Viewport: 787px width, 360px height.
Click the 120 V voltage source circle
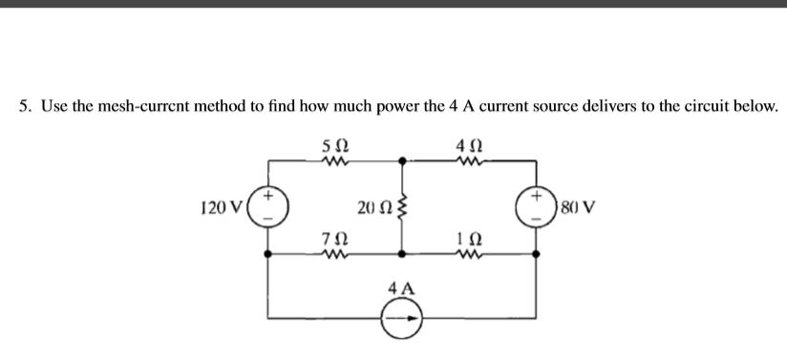(x=270, y=207)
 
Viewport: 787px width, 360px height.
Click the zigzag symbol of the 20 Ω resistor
(x=402, y=207)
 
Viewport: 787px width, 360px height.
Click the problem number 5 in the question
(x=25, y=105)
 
